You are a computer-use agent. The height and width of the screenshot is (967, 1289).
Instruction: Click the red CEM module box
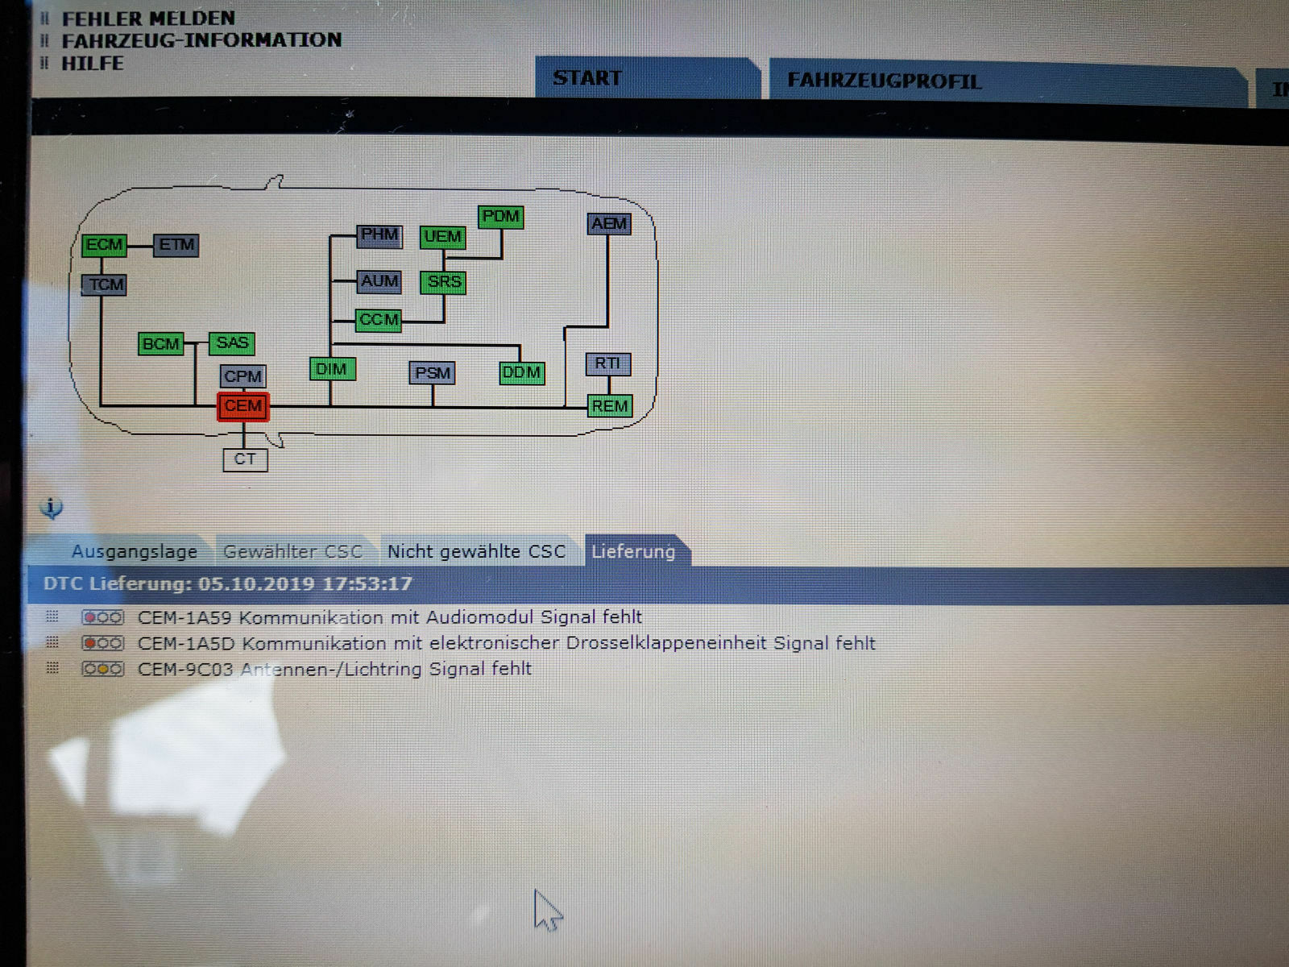click(243, 406)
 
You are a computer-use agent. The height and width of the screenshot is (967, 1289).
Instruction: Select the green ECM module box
click(105, 245)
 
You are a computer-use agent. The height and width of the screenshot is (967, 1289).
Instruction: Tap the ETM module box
click(176, 245)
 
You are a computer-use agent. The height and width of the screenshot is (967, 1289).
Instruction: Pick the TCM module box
click(104, 284)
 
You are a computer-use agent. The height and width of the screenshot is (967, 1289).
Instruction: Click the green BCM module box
click(160, 343)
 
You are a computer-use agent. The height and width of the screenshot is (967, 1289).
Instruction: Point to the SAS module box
click(232, 343)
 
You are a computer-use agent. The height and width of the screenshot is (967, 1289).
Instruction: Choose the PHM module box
click(379, 236)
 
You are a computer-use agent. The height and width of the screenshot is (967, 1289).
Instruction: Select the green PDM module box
click(500, 218)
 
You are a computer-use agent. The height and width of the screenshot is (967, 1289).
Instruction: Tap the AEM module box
click(610, 224)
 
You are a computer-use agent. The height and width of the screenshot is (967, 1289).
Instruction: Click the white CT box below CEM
click(246, 459)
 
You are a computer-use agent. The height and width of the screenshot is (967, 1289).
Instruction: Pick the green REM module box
click(610, 405)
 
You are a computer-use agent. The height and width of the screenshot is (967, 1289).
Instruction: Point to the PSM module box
click(432, 373)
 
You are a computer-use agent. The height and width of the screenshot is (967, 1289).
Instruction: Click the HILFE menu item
click(92, 64)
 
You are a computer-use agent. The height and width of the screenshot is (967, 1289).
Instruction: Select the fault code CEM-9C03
click(185, 670)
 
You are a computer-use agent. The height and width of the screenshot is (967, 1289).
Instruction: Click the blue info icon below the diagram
click(52, 508)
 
